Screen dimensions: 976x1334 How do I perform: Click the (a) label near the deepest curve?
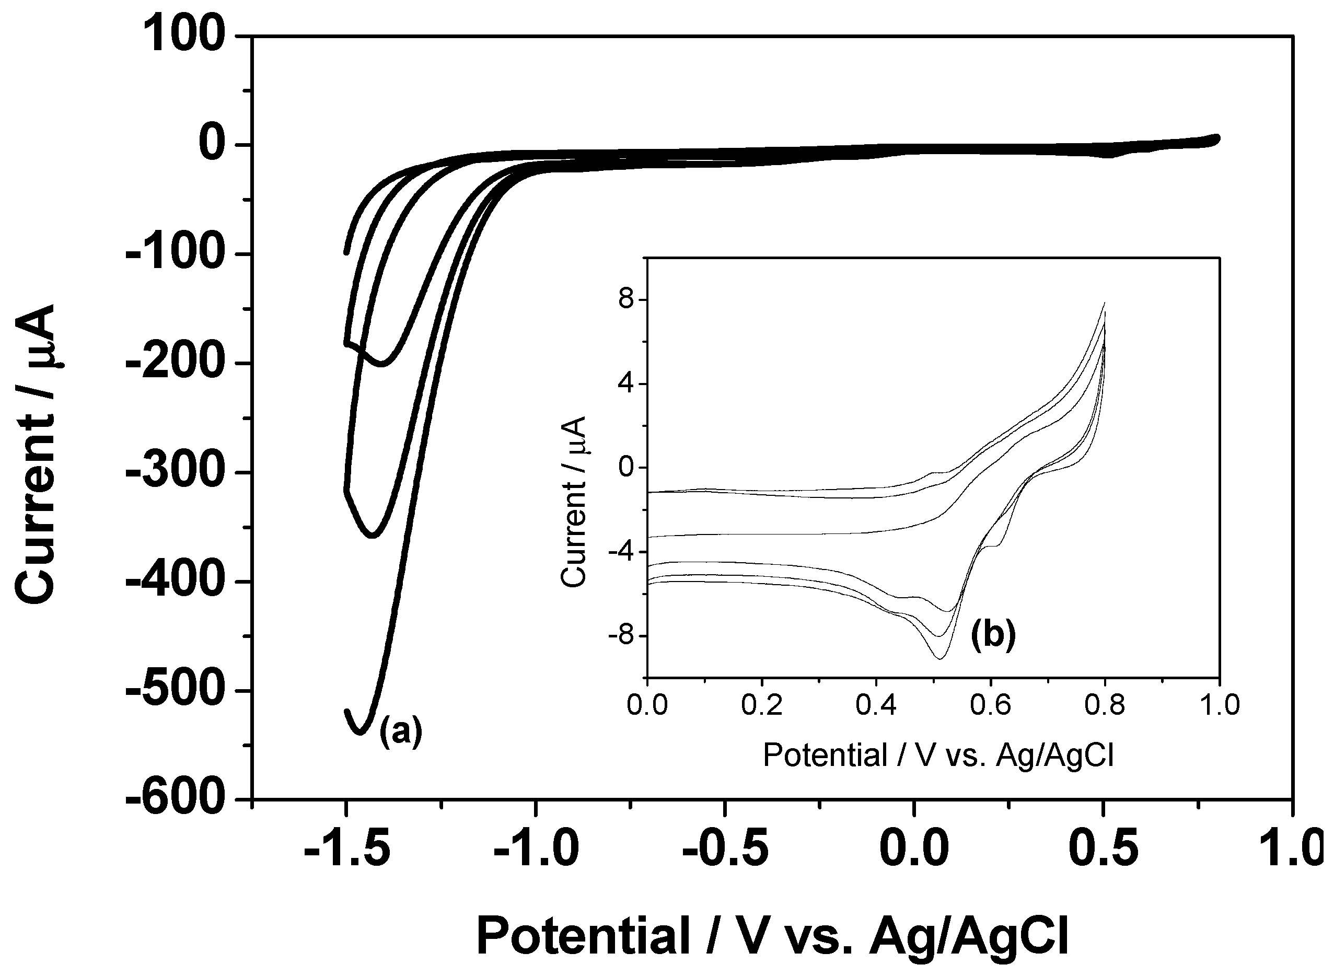point(401,731)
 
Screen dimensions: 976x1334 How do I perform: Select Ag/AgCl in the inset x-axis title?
point(1054,755)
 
